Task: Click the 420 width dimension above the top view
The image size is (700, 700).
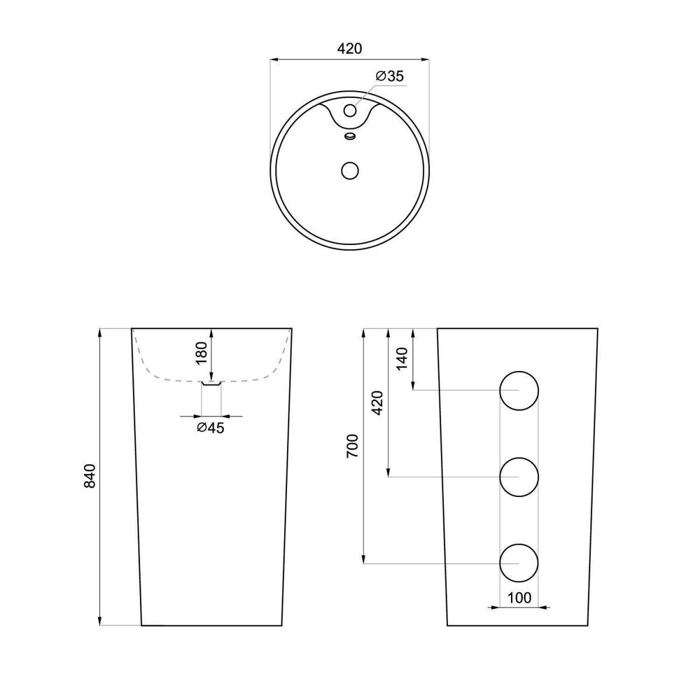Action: (349, 48)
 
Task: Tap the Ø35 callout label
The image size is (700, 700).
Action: (390, 76)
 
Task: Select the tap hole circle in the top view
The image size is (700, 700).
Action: (350, 110)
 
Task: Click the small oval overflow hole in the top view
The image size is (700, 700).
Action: (349, 136)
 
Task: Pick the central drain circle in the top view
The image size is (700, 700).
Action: (350, 170)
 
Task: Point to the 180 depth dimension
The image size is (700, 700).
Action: (201, 353)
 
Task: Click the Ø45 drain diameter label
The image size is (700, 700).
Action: (211, 428)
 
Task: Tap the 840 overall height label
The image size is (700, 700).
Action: (89, 476)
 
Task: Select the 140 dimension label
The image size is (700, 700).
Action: (402, 359)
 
